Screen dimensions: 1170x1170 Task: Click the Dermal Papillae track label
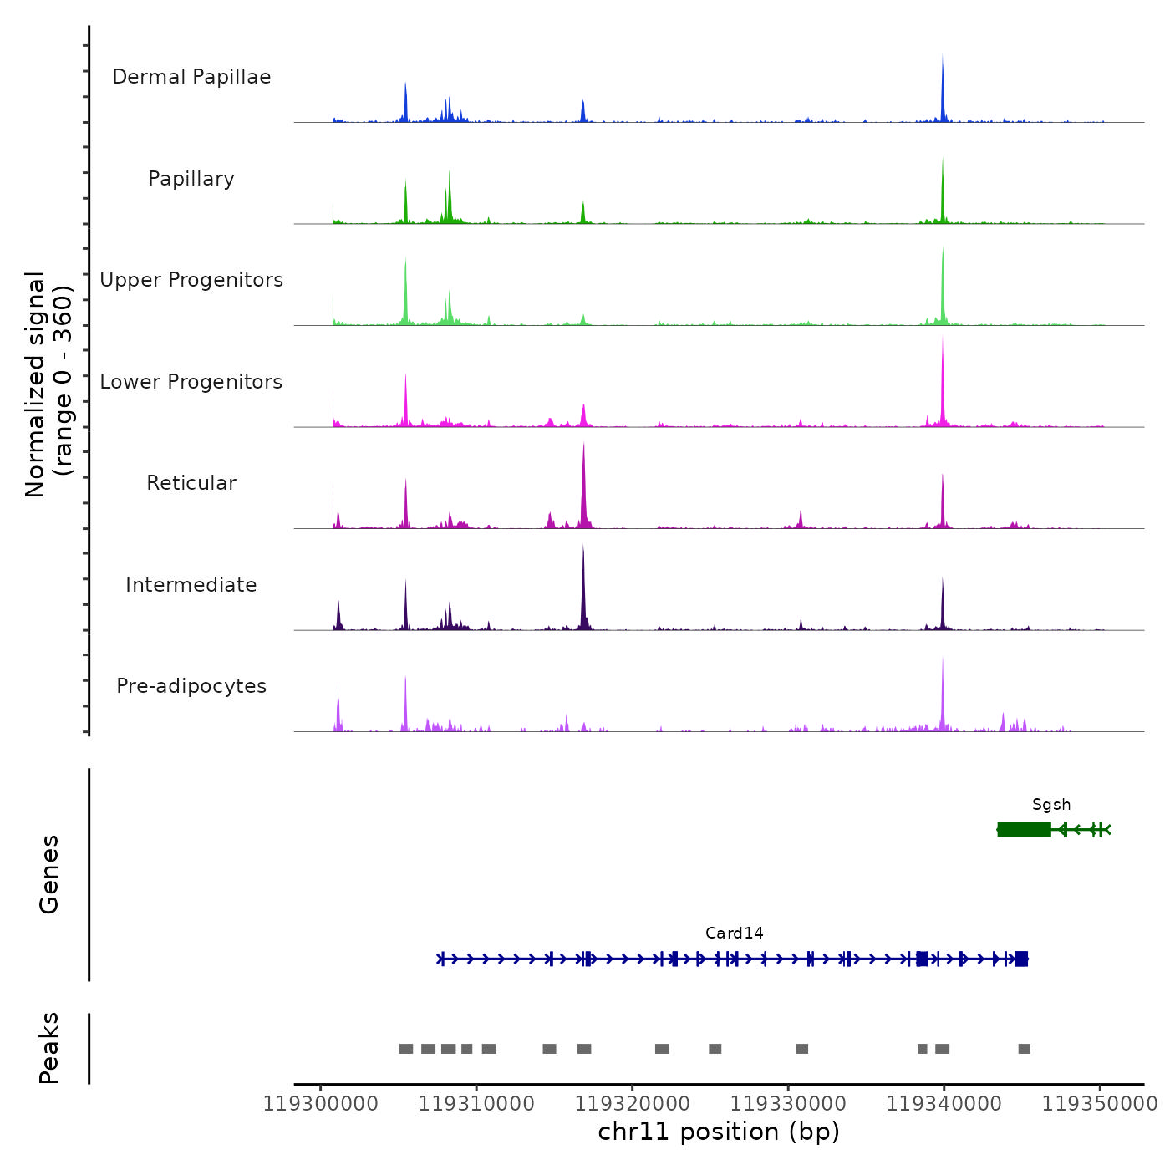(191, 77)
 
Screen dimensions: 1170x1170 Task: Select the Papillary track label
(191, 179)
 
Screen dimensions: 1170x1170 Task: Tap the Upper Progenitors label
(191, 280)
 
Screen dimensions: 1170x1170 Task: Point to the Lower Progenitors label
(191, 382)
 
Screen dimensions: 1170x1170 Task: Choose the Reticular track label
(191, 483)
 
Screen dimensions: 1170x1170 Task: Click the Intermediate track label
(191, 585)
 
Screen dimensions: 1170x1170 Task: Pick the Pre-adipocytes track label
(191, 686)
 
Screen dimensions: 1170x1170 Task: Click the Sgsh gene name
(1051, 805)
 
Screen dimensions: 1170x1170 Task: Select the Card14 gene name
(735, 933)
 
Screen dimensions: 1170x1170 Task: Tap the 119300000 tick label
(320, 1104)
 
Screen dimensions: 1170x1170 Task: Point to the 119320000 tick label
(633, 1104)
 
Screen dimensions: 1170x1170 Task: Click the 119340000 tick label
(944, 1104)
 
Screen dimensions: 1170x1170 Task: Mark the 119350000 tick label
(1100, 1104)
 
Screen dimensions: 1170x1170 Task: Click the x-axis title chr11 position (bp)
(719, 1132)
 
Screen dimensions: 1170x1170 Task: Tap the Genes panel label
(49, 874)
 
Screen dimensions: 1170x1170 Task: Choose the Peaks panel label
(49, 1048)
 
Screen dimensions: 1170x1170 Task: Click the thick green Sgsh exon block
(1024, 829)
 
